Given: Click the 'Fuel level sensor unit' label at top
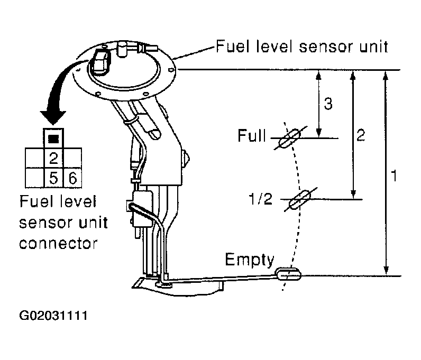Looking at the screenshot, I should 301,47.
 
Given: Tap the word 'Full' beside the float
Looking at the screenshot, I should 252,137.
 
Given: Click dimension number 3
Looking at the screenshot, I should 328,104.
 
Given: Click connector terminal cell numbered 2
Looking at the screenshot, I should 53,157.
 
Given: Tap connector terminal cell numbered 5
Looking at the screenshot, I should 53,178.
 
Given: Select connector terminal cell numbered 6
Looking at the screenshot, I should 72,178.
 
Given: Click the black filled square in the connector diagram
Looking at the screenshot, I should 53,139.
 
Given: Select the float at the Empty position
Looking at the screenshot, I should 288,273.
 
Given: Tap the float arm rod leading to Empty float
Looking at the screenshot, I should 222,276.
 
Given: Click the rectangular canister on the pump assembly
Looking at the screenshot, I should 142,207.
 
